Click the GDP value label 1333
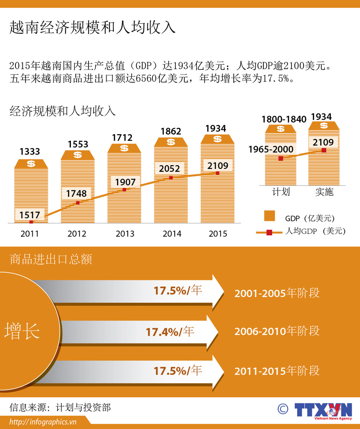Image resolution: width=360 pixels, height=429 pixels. pyautogui.click(x=30, y=152)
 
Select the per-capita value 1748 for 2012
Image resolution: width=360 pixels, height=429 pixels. pyautogui.click(x=76, y=194)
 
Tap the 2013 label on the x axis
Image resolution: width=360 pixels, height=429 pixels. pyautogui.click(x=125, y=234)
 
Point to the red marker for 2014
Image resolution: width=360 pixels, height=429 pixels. pyautogui.click(x=171, y=178)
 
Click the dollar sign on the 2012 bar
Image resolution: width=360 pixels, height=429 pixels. pyautogui.click(x=77, y=155)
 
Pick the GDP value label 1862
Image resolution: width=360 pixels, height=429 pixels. pyautogui.click(x=171, y=131)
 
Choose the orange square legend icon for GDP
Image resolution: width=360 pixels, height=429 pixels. pyautogui.click(x=269, y=216)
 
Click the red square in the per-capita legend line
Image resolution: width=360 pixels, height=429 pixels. pyautogui.click(x=269, y=232)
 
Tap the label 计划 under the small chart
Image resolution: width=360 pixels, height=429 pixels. pyautogui.click(x=280, y=192)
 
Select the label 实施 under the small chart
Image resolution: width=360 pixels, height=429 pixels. pyautogui.click(x=324, y=192)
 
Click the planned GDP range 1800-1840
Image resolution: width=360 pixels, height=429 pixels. pyautogui.click(x=284, y=119)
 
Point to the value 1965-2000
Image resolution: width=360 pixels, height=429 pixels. pyautogui.click(x=271, y=149)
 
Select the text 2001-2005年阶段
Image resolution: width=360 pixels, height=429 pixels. pyautogui.click(x=277, y=293)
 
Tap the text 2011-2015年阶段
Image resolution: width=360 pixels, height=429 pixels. pyautogui.click(x=277, y=371)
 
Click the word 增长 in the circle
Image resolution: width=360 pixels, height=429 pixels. pyautogui.click(x=22, y=331)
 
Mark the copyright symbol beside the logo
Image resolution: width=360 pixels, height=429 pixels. pyautogui.click(x=283, y=408)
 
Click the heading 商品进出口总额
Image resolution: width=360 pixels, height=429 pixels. pyautogui.click(x=51, y=259)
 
